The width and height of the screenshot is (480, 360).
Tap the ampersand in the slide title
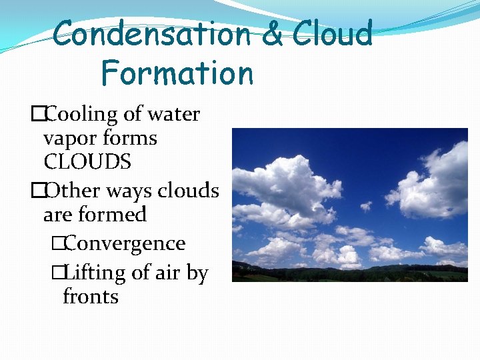coord(272,34)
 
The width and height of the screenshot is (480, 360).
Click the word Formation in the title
coord(177,73)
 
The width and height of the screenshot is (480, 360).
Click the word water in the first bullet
coord(173,114)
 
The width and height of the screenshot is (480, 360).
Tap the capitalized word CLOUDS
coord(87,162)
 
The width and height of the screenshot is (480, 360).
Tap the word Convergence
coord(125,244)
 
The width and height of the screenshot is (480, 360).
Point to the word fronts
coord(90,296)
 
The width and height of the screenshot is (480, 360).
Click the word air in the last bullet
coord(173,273)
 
